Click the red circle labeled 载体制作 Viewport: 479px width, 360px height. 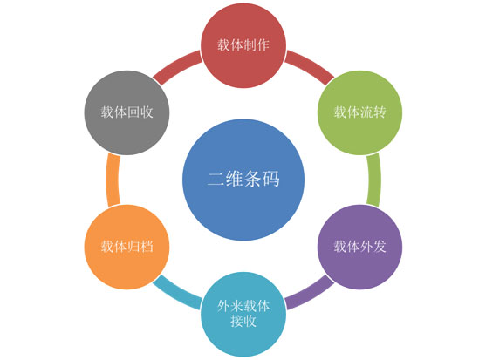coord(243,45)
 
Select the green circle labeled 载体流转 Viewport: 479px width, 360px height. coord(359,113)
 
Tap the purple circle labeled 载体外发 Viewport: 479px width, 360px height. coord(359,248)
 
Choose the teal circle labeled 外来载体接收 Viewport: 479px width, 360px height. coord(243,314)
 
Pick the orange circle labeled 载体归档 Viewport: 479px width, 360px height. coord(127,248)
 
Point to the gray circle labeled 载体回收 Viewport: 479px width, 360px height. coord(127,113)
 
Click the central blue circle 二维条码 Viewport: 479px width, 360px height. coord(243,180)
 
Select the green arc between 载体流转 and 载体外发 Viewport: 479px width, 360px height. coord(374,180)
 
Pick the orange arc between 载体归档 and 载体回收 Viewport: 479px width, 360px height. coord(112,180)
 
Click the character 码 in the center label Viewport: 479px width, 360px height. coord(270,179)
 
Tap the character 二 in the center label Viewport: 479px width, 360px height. coord(216,179)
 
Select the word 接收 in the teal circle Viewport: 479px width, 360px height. coord(243,321)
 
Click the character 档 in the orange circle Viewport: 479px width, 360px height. coord(147,247)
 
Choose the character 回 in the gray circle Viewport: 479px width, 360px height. coord(133,112)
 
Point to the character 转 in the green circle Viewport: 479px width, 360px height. coord(380,112)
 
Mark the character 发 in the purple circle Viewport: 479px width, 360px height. coord(380,247)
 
